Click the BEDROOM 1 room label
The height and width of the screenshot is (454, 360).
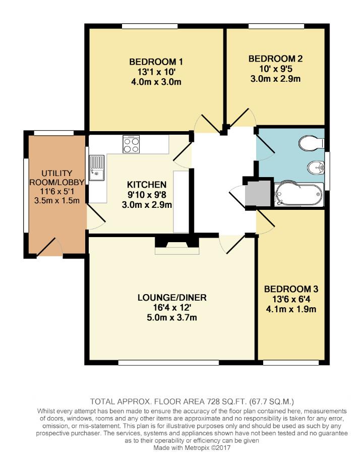[156, 62]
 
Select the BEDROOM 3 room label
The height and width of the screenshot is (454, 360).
[291, 289]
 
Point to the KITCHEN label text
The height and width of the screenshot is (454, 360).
[146, 184]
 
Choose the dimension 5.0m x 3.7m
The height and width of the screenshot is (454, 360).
[171, 317]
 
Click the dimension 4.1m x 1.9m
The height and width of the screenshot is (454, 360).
[291, 309]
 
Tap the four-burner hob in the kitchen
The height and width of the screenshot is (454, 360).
[131, 144]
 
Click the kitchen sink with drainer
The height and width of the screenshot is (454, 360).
[96, 167]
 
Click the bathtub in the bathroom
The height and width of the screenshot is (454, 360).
[298, 194]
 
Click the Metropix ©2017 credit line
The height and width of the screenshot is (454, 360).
[180, 447]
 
